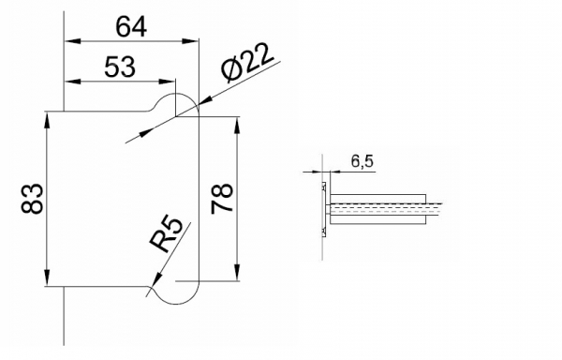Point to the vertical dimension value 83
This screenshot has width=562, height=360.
coord(30,199)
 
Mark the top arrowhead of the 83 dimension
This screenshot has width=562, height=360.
coord(46,119)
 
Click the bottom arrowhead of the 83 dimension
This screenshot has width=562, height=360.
coord(46,279)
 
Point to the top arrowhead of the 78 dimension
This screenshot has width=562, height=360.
coord(239,124)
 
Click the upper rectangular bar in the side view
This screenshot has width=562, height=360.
coord(378,200)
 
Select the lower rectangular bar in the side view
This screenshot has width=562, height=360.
coord(378,219)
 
